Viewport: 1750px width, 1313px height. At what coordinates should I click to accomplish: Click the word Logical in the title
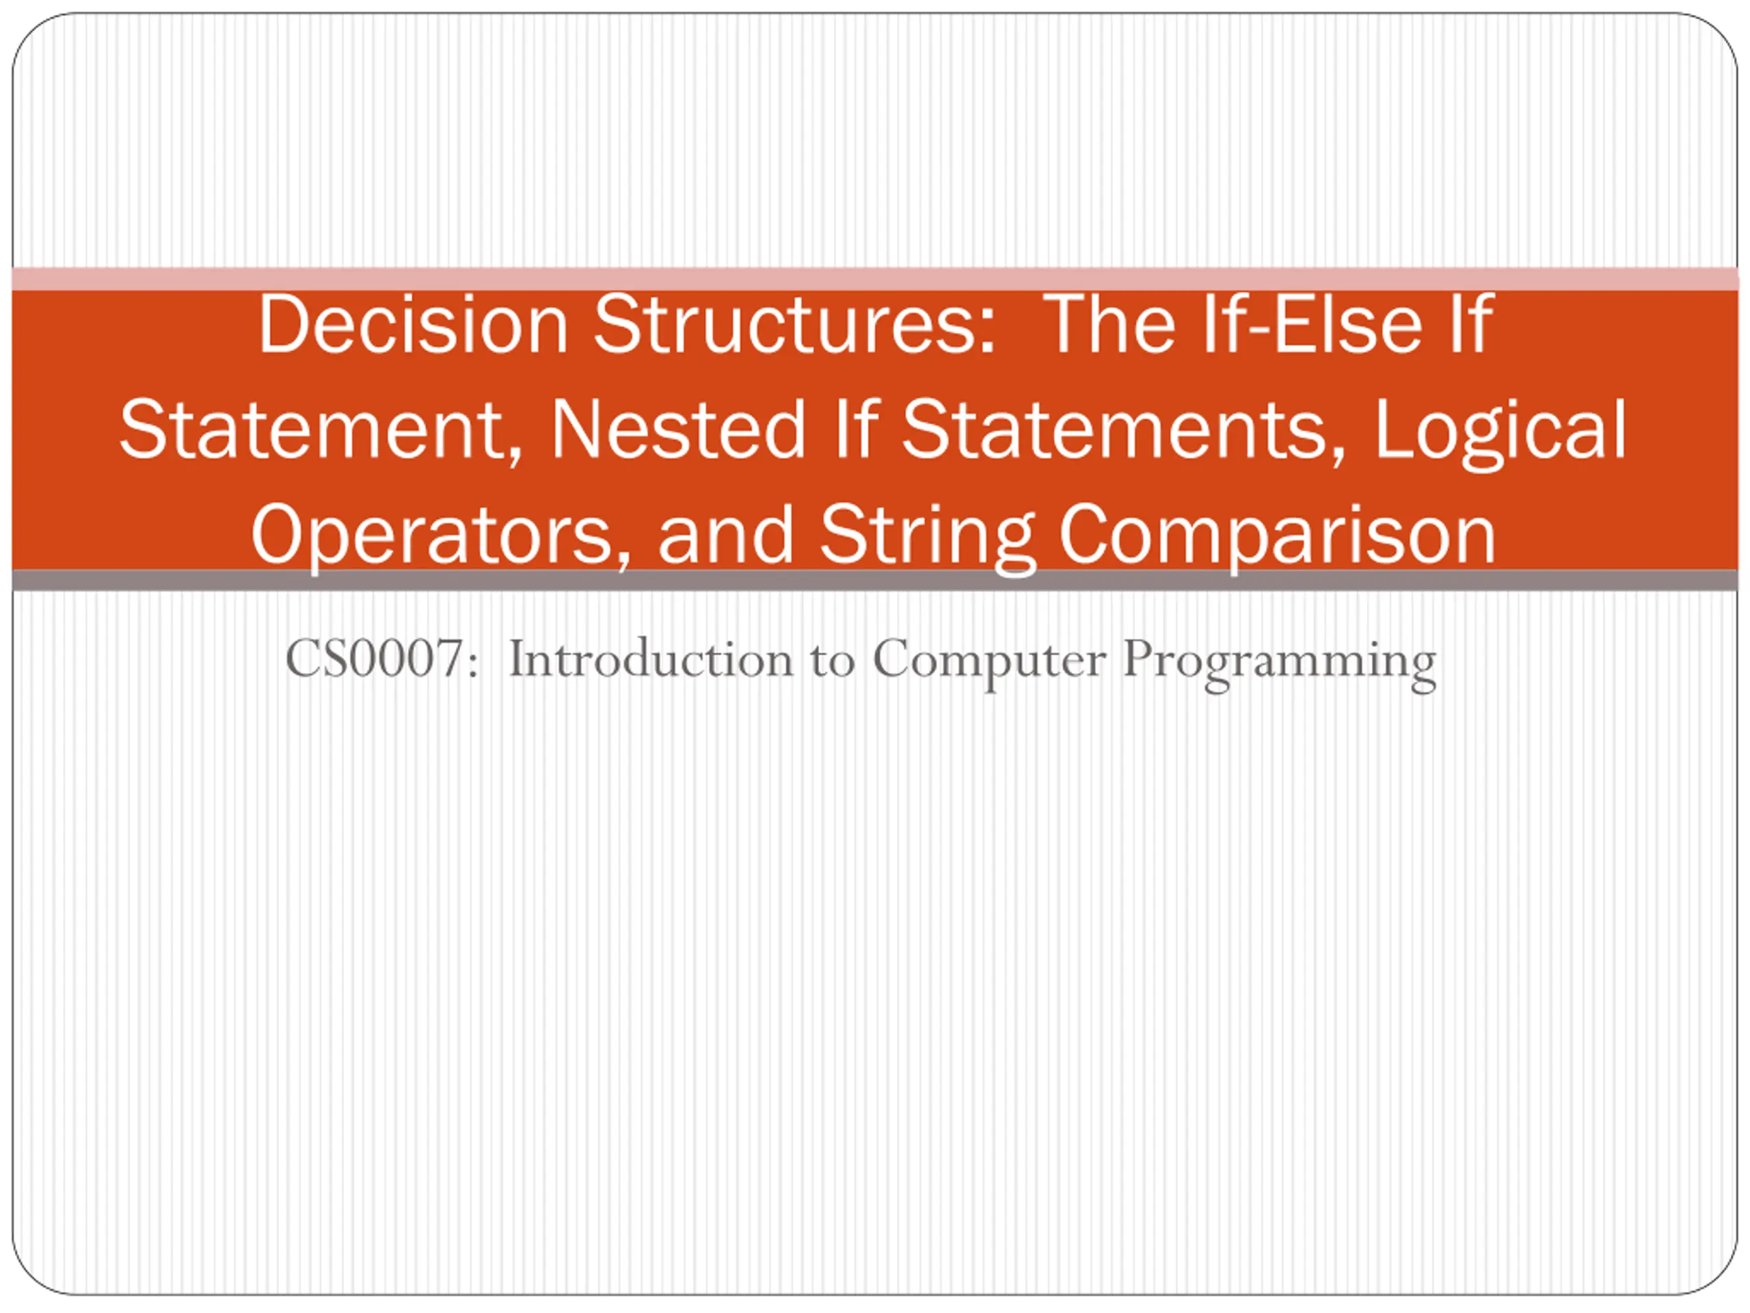[x=1500, y=432]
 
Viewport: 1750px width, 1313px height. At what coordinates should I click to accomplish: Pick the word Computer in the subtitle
[x=989, y=663]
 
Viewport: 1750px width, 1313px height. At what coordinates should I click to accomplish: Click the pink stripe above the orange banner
[x=875, y=278]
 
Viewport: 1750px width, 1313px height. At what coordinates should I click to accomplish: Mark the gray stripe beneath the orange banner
[x=875, y=580]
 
